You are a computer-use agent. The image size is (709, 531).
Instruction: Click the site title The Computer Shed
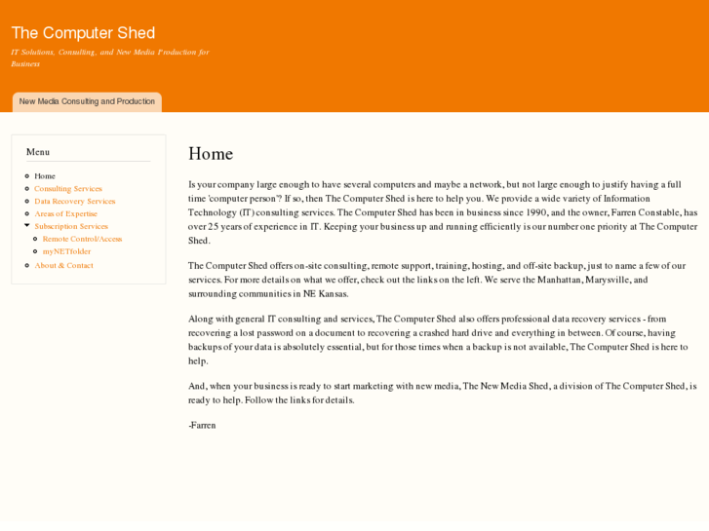coord(83,33)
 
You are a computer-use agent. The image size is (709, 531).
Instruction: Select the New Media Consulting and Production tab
coord(87,101)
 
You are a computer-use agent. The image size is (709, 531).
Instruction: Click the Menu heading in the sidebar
coord(38,152)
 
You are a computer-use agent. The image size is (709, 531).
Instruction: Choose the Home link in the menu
coord(45,176)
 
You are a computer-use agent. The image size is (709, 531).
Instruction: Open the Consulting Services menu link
coord(68,189)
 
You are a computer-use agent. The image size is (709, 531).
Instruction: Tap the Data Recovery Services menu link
coord(74,202)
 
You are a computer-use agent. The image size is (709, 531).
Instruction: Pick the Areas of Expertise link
coord(65,214)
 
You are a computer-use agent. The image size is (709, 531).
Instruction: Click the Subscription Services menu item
coord(71,226)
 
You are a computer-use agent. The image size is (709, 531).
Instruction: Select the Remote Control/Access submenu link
coord(82,239)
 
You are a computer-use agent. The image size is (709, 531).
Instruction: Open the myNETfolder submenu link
coord(66,251)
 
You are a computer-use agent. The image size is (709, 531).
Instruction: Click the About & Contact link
coord(64,265)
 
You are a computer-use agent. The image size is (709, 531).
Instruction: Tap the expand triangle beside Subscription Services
coord(27,226)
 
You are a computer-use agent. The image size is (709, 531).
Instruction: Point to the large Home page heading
coord(211,154)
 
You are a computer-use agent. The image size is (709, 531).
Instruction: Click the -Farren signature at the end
coord(202,426)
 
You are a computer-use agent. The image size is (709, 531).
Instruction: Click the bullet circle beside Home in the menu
coord(27,176)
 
